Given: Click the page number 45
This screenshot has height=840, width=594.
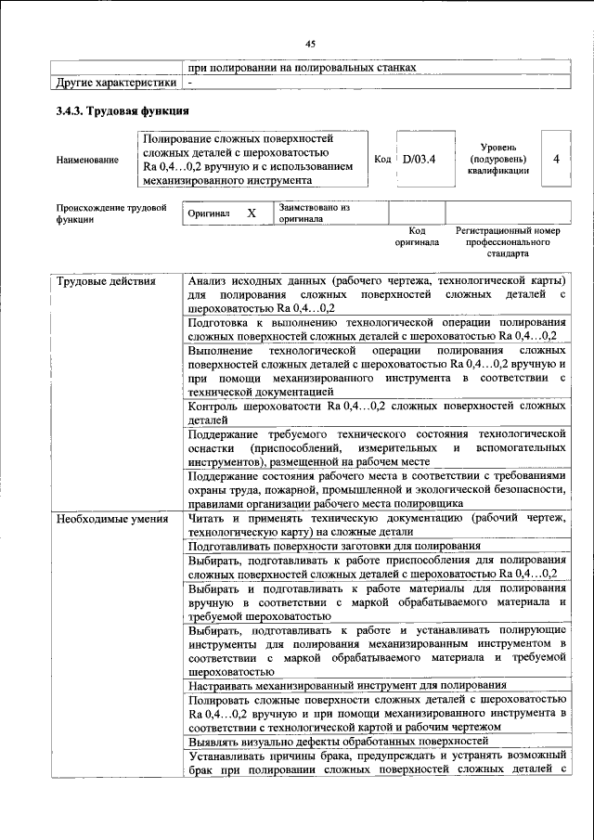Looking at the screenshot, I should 310,43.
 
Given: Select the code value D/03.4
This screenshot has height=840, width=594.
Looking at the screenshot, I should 419,159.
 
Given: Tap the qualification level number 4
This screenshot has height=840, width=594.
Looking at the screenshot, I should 555,159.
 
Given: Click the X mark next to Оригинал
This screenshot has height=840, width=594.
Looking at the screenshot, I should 251,213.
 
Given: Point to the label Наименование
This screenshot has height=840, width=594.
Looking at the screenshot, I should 87,160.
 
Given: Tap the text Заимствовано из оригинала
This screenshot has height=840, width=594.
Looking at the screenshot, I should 314,213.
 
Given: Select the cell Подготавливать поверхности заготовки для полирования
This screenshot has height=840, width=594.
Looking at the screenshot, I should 333,547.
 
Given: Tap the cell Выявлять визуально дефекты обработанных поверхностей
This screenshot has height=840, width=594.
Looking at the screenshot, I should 338,742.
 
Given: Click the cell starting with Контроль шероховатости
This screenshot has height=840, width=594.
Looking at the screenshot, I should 376,413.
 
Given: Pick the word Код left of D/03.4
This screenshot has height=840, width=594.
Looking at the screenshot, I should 381,159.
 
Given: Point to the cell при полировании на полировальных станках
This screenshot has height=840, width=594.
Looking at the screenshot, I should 301,68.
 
